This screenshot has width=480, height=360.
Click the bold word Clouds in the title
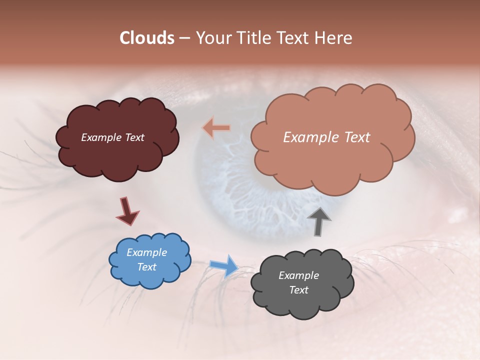pos(146,38)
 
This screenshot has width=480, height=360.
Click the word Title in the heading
pos(251,38)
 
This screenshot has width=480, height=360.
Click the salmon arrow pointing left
pos(216,128)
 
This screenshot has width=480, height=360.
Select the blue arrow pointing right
pos(223,265)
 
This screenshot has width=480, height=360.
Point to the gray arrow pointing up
pos(319,220)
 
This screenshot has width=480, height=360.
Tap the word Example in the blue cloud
pos(146,252)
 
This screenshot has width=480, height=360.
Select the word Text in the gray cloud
pos(299,290)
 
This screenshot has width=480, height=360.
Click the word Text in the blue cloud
pos(147,267)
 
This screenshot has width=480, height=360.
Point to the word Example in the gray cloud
pos(298,275)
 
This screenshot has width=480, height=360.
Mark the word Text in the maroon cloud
pos(134,137)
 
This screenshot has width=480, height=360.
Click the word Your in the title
pos(212,38)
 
